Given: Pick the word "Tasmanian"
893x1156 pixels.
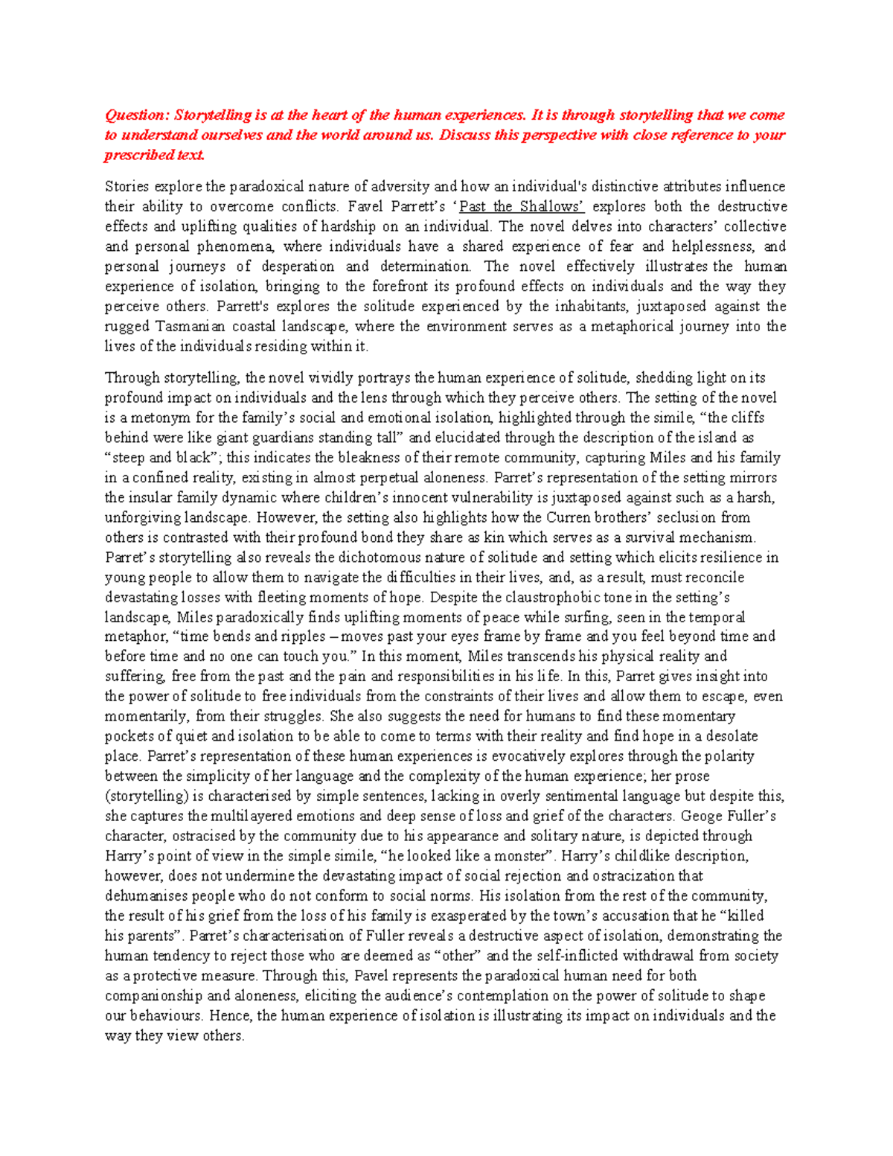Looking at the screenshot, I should click(196, 326).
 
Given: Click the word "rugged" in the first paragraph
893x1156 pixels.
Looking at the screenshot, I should click(127, 326).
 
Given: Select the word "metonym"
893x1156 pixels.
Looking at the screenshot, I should click(156, 418).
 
